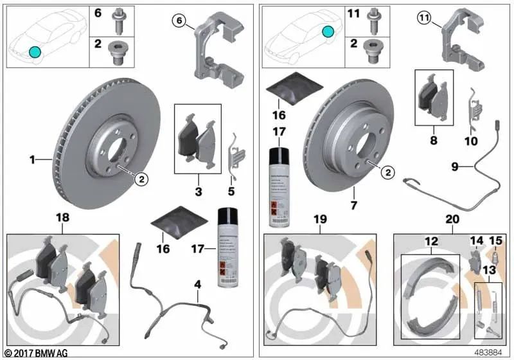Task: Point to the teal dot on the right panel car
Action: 328,30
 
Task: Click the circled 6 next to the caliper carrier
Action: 179,22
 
